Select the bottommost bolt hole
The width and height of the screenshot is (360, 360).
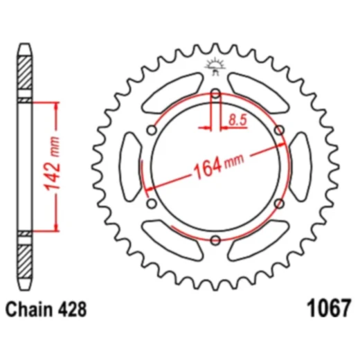pyautogui.click(x=215, y=240)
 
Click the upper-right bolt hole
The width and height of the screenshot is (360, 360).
pyautogui.click(x=279, y=130)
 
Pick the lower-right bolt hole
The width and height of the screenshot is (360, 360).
pyautogui.click(x=279, y=204)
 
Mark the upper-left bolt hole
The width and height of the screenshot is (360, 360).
pyautogui.click(x=152, y=130)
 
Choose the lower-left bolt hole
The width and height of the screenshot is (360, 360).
pyautogui.click(x=152, y=204)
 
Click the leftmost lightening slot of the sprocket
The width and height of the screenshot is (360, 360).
pyautogui.click(x=131, y=167)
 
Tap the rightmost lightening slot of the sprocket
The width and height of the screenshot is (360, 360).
pyautogui.click(x=300, y=167)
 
